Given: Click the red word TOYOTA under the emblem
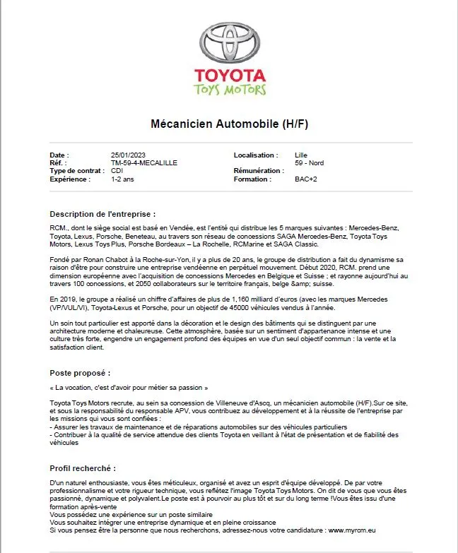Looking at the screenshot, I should click(229, 76).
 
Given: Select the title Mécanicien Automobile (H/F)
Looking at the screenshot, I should click(230, 124).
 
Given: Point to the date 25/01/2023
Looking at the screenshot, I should click(128, 155).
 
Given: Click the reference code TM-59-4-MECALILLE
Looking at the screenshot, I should click(144, 162).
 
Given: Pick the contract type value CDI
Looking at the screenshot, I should click(117, 171).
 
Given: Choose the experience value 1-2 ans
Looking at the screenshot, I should click(122, 179).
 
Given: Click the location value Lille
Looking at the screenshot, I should click(301, 155).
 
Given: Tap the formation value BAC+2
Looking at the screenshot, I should click(306, 179).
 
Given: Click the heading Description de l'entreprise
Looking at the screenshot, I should click(102, 213).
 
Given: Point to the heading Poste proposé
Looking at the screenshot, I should click(80, 372).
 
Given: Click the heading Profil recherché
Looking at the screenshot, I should click(83, 468).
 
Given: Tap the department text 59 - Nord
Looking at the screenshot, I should click(310, 162).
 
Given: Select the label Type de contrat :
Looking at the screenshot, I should click(77, 171).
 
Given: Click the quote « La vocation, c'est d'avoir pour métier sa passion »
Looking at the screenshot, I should click(129, 388).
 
